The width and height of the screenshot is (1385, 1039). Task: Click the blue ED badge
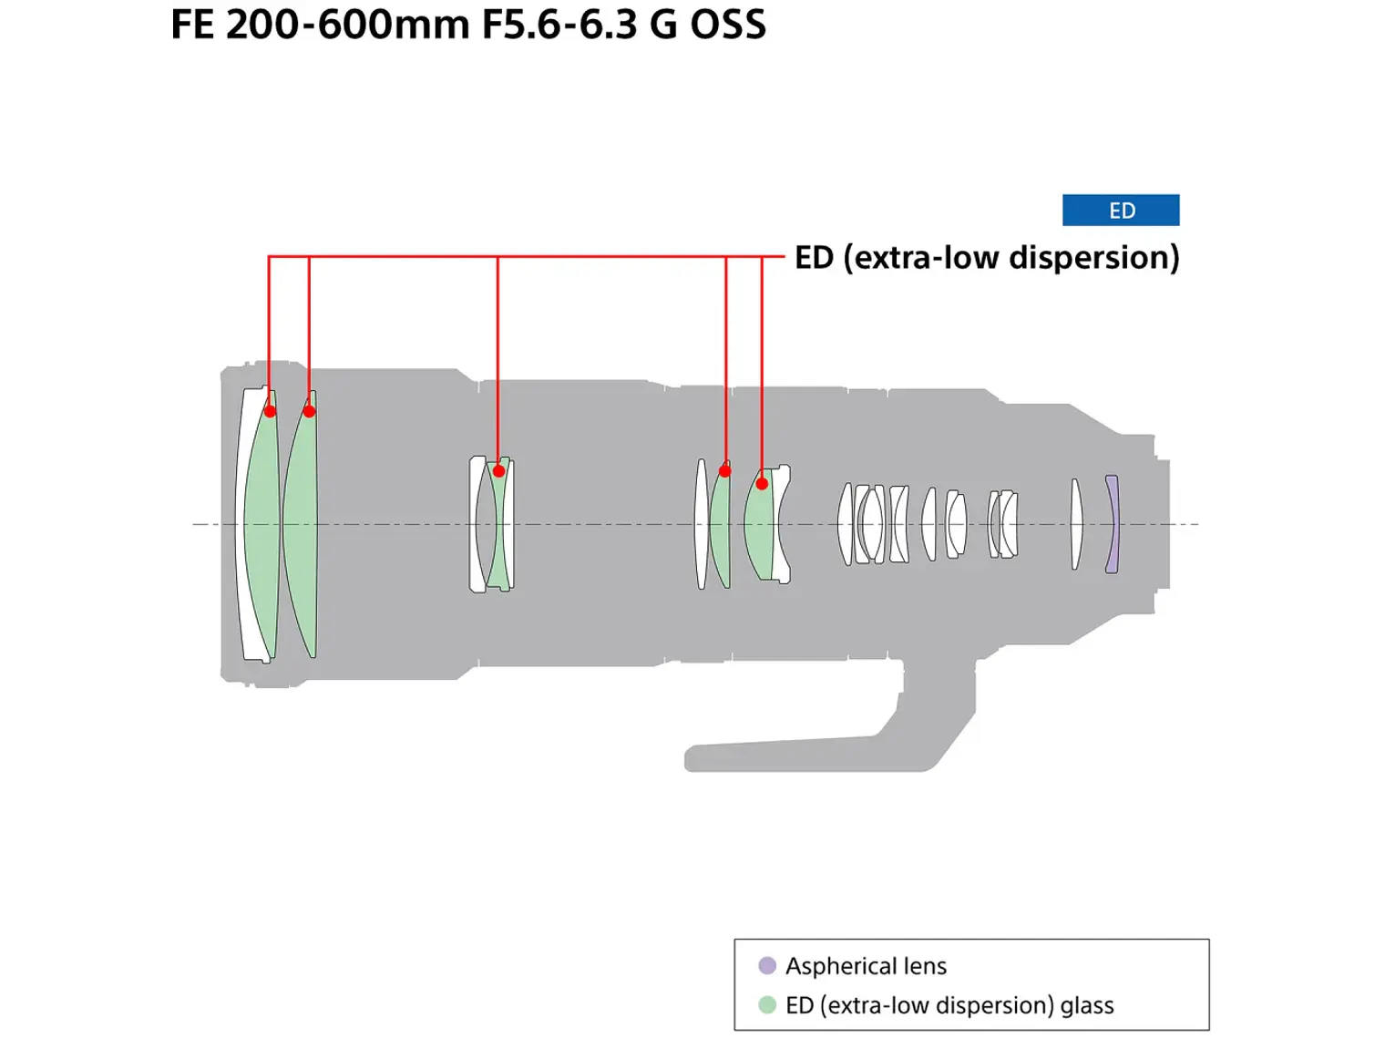(x=1121, y=211)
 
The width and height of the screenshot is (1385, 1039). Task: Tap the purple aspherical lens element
(x=1112, y=524)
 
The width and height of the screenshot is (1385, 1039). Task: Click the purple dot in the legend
(x=767, y=965)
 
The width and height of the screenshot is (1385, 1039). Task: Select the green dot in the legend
(x=767, y=1004)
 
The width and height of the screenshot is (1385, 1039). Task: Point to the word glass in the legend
(x=1086, y=1005)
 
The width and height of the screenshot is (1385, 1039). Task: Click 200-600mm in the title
(x=347, y=25)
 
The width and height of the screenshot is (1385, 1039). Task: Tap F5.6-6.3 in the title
(x=559, y=25)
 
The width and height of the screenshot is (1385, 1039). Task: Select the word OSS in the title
(x=727, y=25)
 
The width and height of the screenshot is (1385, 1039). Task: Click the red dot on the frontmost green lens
(x=270, y=411)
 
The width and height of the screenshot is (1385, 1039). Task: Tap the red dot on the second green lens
(x=309, y=411)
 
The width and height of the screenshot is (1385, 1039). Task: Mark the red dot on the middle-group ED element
(x=498, y=471)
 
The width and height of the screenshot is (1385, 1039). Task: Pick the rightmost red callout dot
(x=762, y=483)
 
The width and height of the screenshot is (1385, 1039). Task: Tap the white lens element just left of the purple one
(x=1076, y=524)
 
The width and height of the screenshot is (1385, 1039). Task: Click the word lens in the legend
(x=925, y=966)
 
